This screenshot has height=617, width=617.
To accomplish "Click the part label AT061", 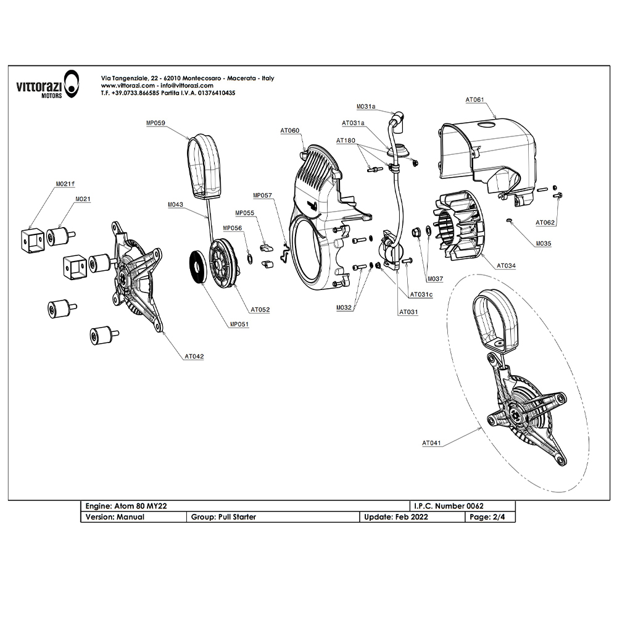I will (x=475, y=99).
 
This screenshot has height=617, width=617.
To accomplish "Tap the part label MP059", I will (x=155, y=123).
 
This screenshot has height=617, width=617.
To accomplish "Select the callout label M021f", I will (x=65, y=184).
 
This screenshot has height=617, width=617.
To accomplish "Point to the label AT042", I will (x=194, y=356).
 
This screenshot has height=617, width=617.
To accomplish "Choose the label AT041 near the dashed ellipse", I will (x=432, y=442).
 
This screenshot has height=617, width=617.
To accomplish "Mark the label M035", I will (x=544, y=244).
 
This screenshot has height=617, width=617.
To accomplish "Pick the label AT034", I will (x=507, y=265).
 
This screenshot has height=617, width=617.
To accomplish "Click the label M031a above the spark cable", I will (x=366, y=107).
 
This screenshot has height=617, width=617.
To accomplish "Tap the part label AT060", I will (x=289, y=131).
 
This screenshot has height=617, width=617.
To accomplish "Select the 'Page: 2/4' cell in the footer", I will (x=489, y=517).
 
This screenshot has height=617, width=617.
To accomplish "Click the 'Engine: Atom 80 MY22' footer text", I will (x=126, y=506).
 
